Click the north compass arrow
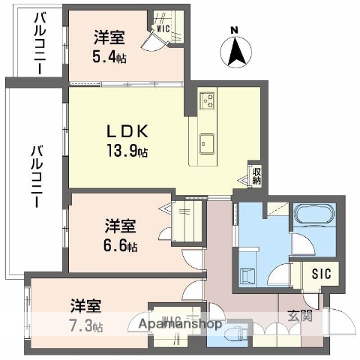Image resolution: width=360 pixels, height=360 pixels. pyautogui.click(x=235, y=50)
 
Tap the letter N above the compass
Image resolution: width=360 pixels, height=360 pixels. pyautogui.click(x=235, y=30)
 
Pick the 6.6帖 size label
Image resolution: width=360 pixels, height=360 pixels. pyautogui.click(x=120, y=245)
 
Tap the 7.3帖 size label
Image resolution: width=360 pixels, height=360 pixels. pyautogui.click(x=87, y=326)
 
